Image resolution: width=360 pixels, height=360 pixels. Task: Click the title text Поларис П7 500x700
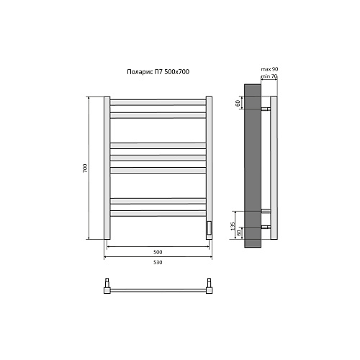[158, 72]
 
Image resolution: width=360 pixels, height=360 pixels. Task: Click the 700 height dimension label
[85, 168]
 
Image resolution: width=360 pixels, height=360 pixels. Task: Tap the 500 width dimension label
[158, 252]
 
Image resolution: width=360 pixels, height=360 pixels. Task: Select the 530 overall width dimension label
[158, 262]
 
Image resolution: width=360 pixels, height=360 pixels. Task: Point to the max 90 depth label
[269, 69]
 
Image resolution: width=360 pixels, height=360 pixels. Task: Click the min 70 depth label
[269, 76]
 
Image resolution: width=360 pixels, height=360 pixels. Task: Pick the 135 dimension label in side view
[233, 226]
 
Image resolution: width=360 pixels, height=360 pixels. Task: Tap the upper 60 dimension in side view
[238, 104]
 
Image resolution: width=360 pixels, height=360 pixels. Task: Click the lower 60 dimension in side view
[238, 233]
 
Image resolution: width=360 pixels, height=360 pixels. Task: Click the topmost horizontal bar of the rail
[158, 102]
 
